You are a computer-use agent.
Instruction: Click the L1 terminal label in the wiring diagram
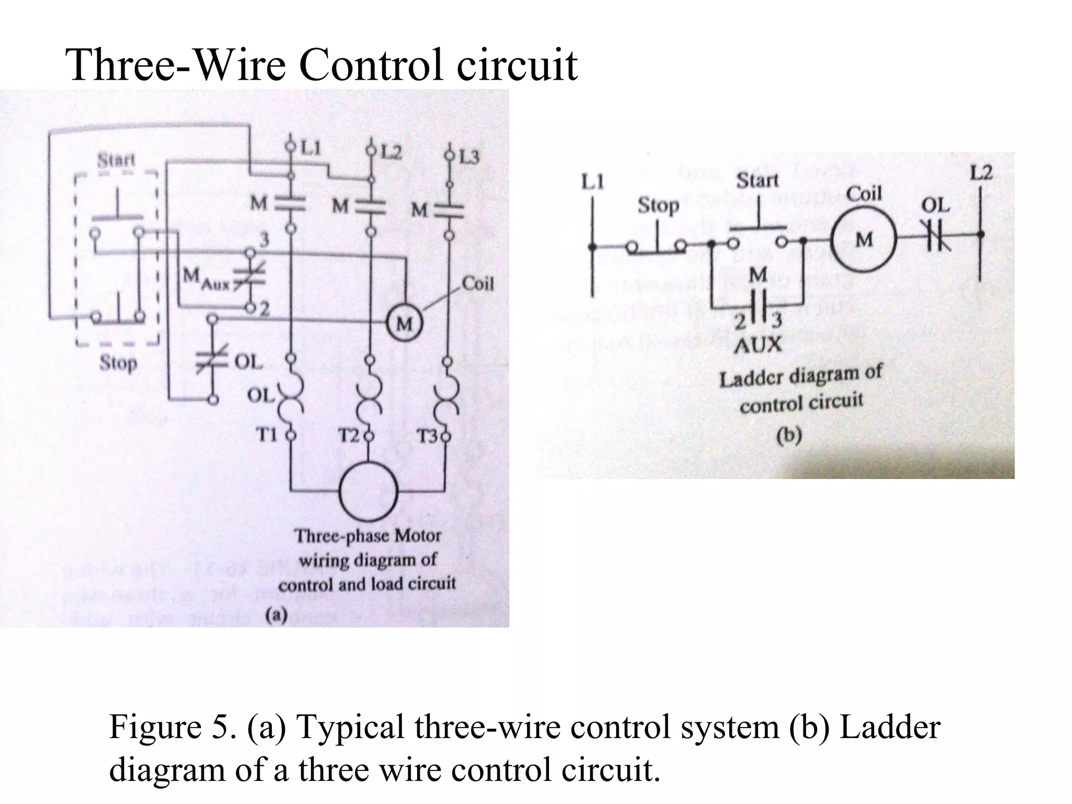click(x=310, y=148)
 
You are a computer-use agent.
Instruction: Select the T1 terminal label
click(x=267, y=435)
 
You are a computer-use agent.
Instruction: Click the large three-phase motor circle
click(x=368, y=492)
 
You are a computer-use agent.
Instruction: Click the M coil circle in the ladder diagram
click(x=864, y=240)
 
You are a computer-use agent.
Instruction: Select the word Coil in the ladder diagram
click(x=864, y=194)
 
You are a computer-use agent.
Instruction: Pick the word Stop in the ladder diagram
click(x=658, y=206)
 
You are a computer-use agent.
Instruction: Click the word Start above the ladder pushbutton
click(x=757, y=181)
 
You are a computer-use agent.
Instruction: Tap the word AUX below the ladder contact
click(x=757, y=345)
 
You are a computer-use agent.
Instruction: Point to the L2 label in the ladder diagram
click(x=980, y=173)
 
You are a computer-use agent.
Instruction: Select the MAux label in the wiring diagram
click(x=206, y=277)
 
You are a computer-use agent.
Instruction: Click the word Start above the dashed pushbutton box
click(x=116, y=160)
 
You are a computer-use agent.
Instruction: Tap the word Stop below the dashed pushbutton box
click(x=118, y=363)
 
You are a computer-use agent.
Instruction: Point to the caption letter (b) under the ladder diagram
click(x=789, y=435)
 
